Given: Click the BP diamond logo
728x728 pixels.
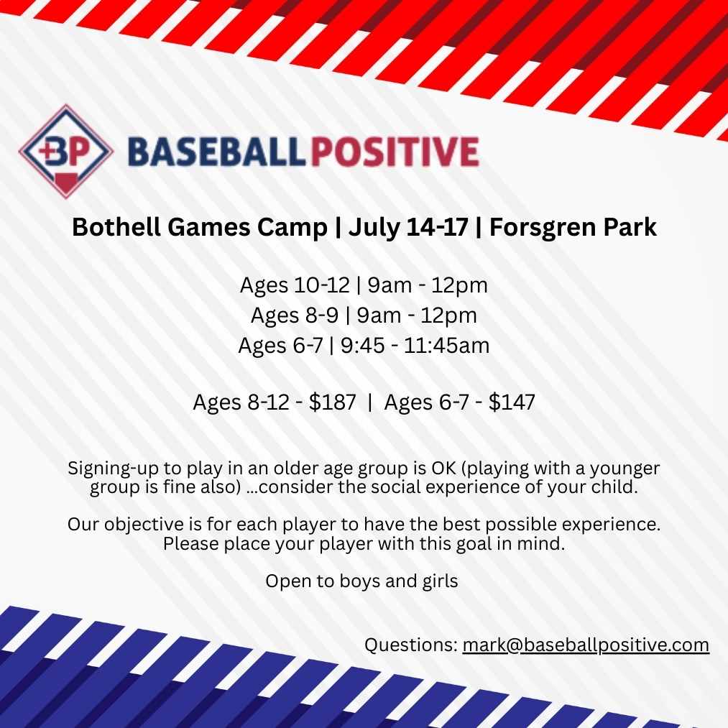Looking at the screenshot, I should (64, 152).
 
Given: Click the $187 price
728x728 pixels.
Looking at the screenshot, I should (332, 402).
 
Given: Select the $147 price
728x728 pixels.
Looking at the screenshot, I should (512, 402).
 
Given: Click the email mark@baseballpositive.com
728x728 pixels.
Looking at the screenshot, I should (586, 645).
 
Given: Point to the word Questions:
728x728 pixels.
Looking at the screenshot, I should (410, 645).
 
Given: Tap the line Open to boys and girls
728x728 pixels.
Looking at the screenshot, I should (361, 581).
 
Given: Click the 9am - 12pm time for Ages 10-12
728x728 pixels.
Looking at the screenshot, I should (428, 285).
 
